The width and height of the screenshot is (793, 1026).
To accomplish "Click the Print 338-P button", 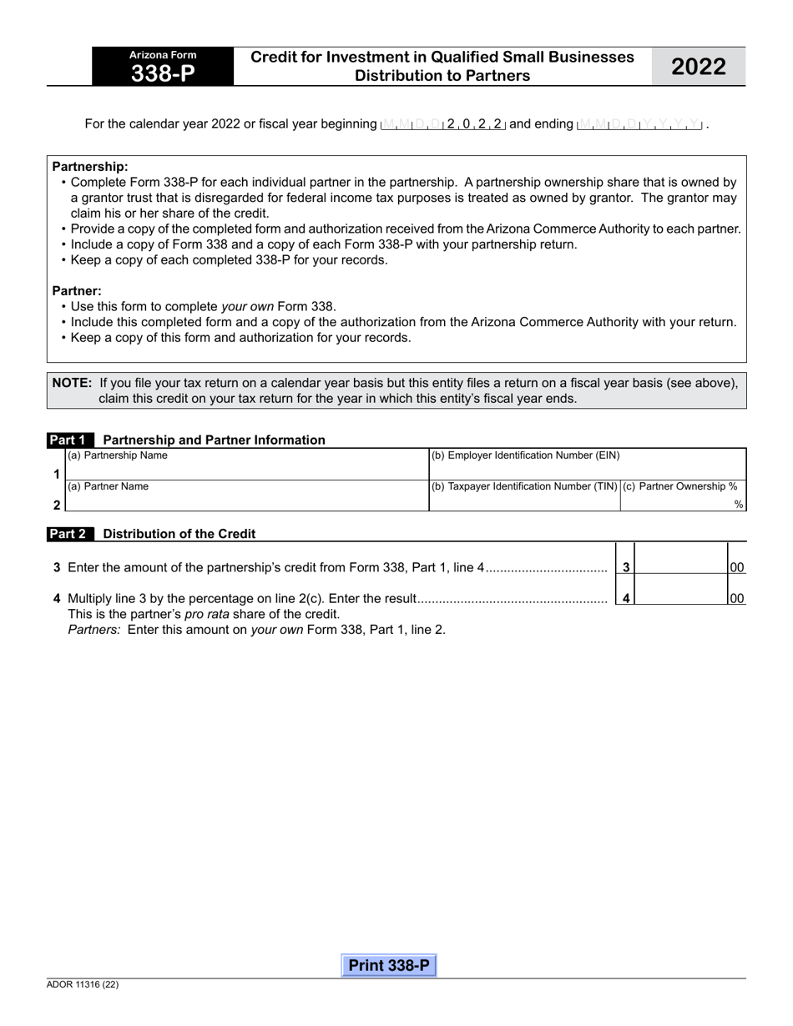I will (389, 966).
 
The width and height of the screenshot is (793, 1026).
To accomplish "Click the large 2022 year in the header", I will (699, 67).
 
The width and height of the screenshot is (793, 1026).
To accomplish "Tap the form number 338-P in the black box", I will (163, 73).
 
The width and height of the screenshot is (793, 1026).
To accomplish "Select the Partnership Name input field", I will (246, 470).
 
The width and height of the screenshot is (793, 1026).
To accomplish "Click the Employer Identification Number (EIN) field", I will (587, 470).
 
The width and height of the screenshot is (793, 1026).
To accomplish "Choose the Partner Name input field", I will (246, 502).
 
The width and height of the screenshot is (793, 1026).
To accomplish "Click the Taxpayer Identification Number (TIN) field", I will (524, 502).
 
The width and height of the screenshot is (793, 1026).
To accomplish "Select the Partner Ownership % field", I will (680, 502).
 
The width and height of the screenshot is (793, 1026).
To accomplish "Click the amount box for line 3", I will (680, 567).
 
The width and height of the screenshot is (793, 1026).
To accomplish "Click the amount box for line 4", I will (680, 597).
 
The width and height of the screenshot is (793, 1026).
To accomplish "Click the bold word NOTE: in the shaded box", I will (72, 383).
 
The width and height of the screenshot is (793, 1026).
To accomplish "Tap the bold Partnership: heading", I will (90, 167).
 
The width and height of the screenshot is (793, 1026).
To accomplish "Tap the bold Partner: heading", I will (77, 291).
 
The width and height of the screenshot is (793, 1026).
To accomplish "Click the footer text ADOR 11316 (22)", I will (83, 985).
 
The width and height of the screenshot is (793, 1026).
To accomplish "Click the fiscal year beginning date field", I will (442, 124).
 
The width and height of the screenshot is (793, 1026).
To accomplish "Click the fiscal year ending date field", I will (639, 124).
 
